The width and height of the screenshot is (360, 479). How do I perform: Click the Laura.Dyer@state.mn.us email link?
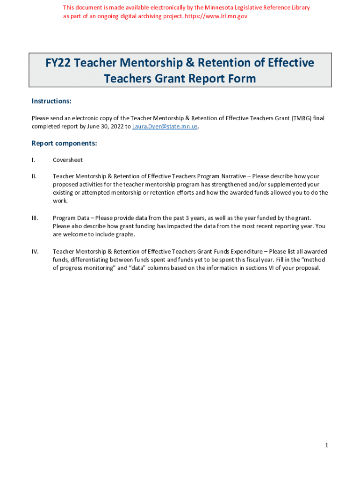[x=165, y=127]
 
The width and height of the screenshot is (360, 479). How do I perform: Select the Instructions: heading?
[x=51, y=102]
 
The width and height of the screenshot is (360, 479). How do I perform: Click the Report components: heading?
[x=64, y=143]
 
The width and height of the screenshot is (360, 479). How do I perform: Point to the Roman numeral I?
[x=33, y=160]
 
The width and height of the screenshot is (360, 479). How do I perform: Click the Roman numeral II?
[x=34, y=176]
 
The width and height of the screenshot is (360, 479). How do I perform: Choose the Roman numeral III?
[x=35, y=218]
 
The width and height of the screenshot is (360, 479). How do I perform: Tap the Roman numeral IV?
[x=35, y=252]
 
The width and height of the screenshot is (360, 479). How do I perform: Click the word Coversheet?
[x=68, y=160]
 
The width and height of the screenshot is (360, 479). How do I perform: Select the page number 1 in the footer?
[x=327, y=446]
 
